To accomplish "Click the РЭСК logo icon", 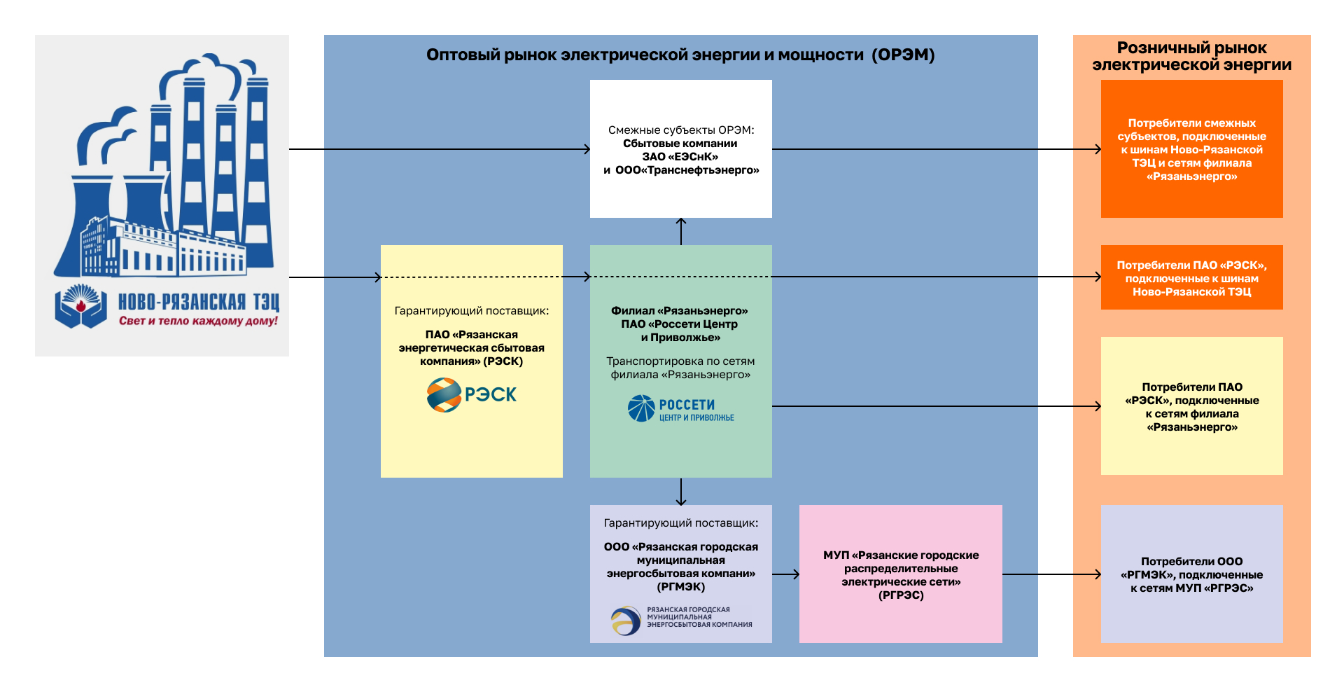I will click(x=444, y=395).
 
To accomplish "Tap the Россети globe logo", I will click(x=641, y=408).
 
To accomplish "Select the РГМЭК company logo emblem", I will click(x=625, y=620).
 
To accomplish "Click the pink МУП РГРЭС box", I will click(x=900, y=574).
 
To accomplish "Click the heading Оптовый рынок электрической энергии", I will click(x=680, y=55).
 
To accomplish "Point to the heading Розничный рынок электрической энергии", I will click(x=1191, y=56).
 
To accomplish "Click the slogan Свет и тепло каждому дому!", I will click(x=198, y=321).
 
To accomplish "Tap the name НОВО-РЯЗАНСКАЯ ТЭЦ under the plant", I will click(x=198, y=302).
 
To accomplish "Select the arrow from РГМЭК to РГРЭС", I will click(x=786, y=574).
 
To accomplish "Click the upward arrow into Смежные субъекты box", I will click(x=681, y=230).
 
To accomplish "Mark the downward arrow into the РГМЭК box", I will click(x=681, y=492).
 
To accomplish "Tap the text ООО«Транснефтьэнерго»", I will click(x=687, y=170).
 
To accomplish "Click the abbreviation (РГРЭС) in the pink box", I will click(x=901, y=595).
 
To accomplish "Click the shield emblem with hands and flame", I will click(x=80, y=306).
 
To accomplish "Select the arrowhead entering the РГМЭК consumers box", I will click(x=1097, y=574).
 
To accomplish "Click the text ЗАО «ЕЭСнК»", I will click(x=680, y=157).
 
